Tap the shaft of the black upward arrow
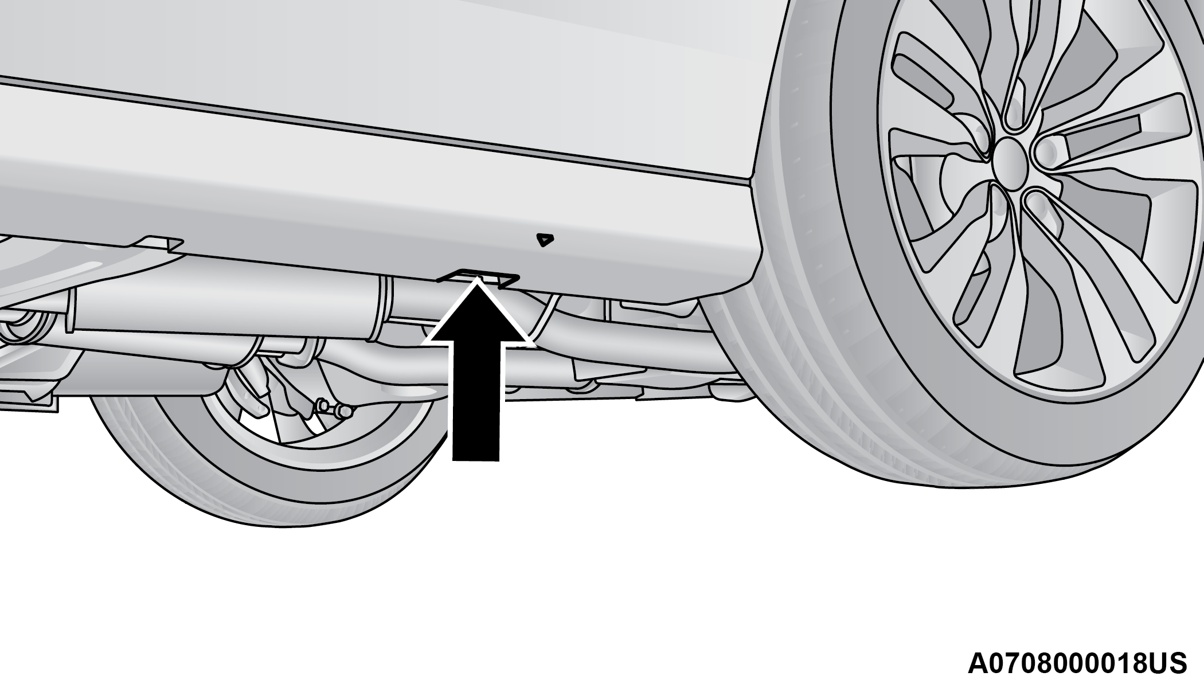(x=476, y=401)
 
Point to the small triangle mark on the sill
(x=543, y=239)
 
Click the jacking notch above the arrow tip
(x=478, y=276)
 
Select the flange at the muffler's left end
(x=72, y=310)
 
